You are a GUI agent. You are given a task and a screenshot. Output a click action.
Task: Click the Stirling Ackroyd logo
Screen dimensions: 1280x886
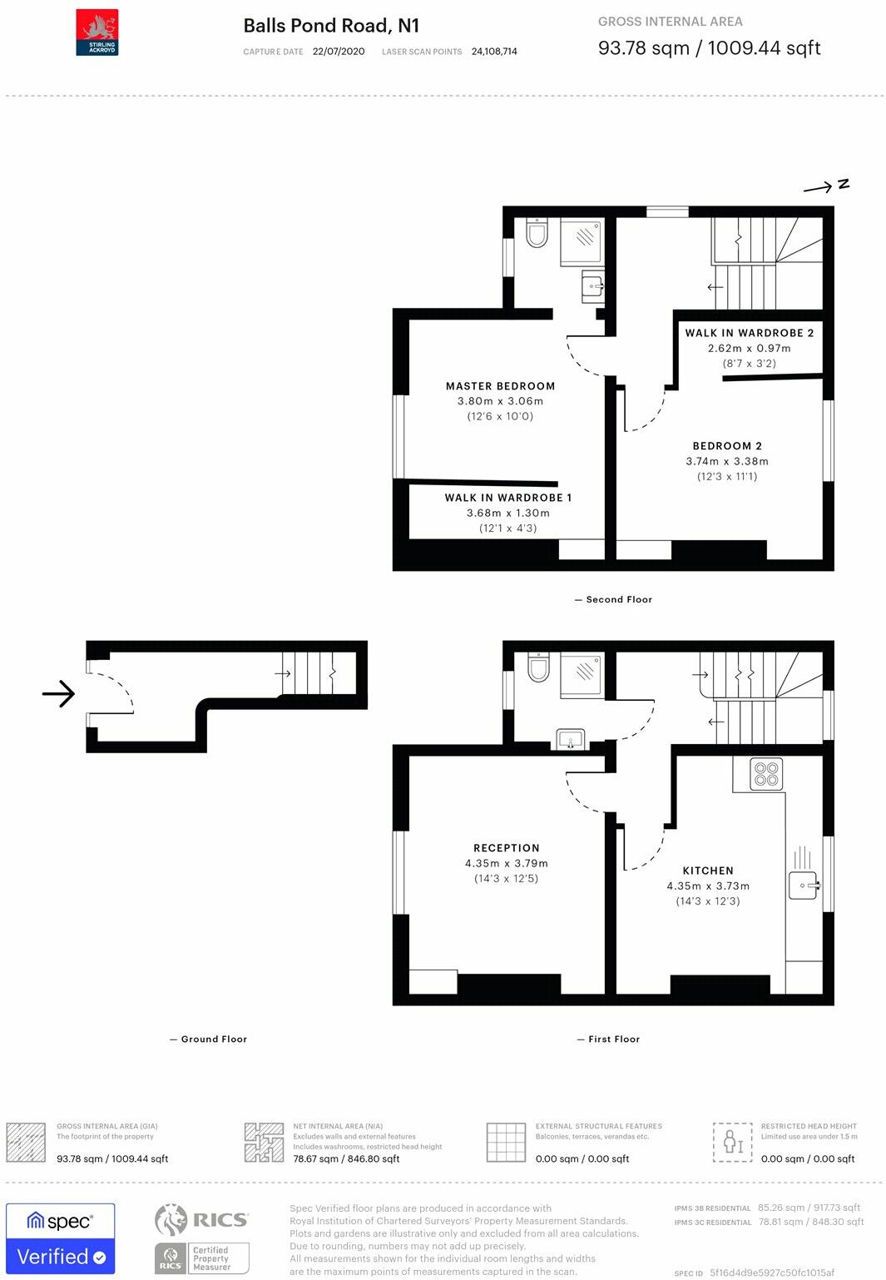[x=97, y=32]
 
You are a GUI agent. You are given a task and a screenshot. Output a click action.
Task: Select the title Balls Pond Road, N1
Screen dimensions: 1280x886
[x=331, y=26]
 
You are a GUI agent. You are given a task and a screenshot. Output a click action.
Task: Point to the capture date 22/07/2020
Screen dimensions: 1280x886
[x=339, y=52]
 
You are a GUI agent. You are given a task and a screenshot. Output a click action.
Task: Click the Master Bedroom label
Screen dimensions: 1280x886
[x=500, y=386]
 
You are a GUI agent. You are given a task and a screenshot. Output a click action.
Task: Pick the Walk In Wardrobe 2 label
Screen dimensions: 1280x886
[x=749, y=333]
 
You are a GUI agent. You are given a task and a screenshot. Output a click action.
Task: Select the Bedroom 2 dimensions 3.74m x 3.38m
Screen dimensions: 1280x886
[x=727, y=461]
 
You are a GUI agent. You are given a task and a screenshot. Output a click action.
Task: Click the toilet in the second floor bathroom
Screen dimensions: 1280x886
[x=537, y=233]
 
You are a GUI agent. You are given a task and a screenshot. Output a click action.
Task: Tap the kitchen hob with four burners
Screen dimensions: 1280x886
[x=766, y=774]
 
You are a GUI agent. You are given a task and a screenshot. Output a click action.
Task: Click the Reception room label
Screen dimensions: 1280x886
[x=507, y=848]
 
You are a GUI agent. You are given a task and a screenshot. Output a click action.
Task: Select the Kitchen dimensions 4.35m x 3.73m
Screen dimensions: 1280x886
[x=708, y=886]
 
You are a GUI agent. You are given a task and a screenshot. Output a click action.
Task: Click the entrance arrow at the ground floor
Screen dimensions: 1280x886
[x=58, y=693]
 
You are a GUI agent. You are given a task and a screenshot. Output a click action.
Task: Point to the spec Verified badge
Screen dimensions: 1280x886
[x=61, y=1238]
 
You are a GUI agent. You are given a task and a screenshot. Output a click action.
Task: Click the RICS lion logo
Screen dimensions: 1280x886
[x=171, y=1220]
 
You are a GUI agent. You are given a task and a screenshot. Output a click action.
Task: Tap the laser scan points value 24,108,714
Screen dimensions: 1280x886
[x=494, y=52]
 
